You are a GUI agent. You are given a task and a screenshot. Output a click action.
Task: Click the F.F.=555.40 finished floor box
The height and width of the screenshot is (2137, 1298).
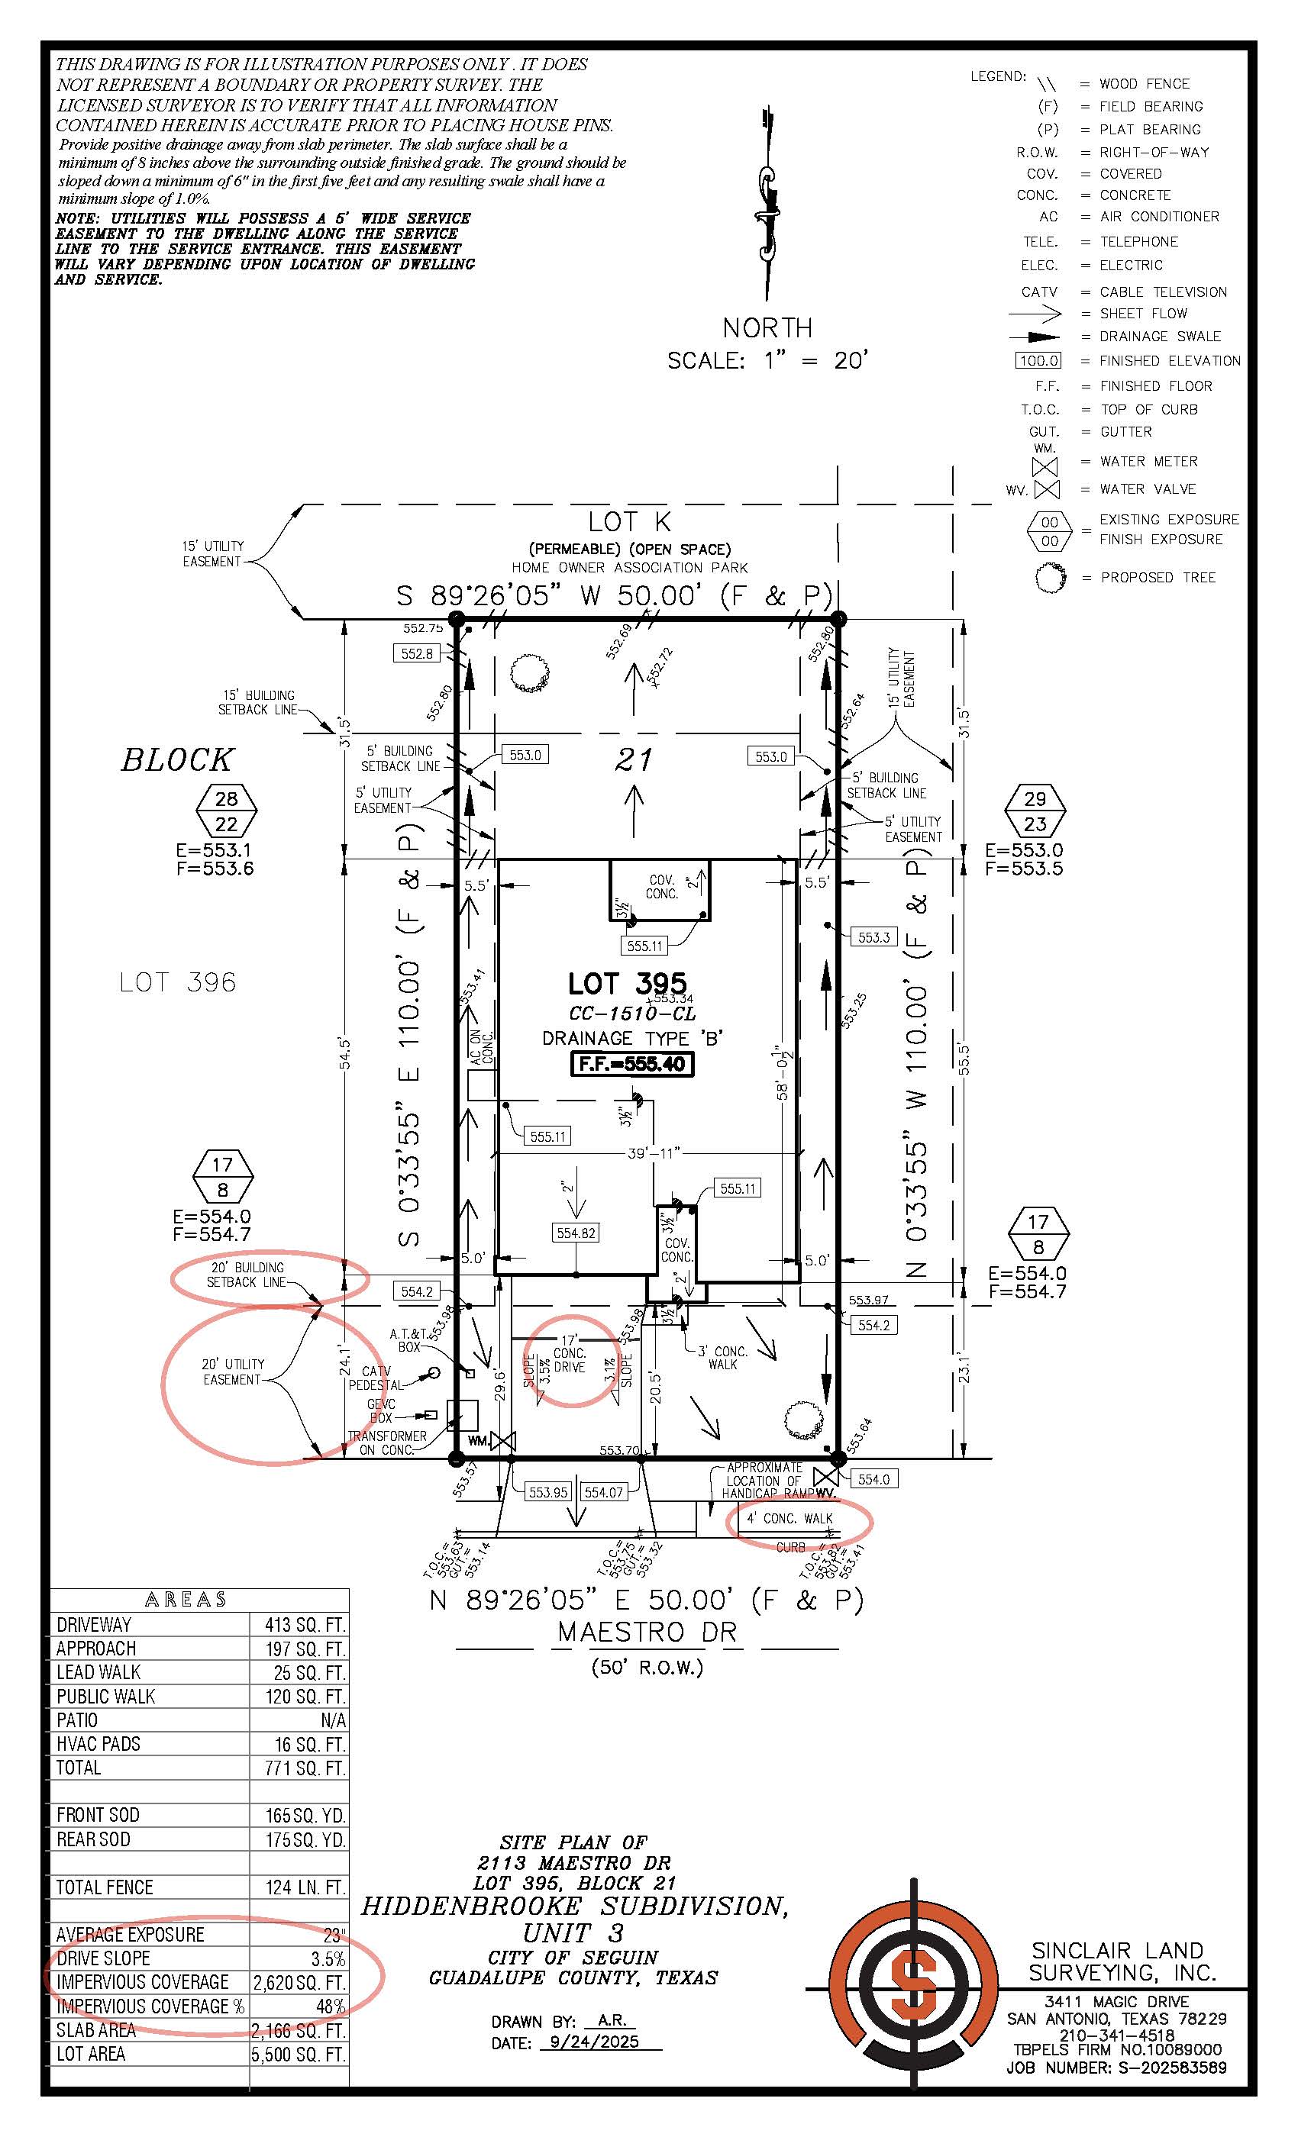[632, 1064]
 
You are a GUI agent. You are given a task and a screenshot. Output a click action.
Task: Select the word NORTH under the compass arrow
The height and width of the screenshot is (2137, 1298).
[767, 328]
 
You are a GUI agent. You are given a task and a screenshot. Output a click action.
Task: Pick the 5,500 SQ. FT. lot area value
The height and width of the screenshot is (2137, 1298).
[299, 2055]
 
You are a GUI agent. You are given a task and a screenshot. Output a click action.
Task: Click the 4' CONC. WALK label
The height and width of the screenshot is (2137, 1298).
[789, 1519]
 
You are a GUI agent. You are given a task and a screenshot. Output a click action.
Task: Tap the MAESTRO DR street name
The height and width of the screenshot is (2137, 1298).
[647, 1633]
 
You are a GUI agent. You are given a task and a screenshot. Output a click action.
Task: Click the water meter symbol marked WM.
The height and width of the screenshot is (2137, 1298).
[502, 1442]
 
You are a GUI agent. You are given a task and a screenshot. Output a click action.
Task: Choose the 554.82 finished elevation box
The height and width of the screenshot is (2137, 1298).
[576, 1233]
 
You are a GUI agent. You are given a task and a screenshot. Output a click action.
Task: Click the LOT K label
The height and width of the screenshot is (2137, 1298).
[629, 521]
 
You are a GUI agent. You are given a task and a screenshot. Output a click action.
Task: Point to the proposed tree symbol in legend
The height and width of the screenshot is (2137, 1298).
[1051, 578]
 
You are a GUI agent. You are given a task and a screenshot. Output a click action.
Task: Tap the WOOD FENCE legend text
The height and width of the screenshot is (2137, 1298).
[1144, 84]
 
